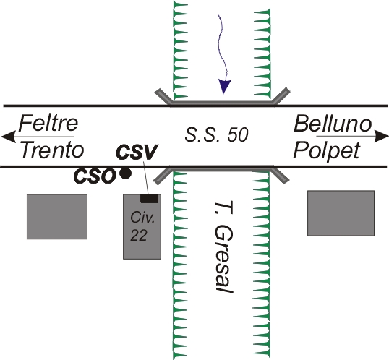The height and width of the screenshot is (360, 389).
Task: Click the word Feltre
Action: click(48, 124)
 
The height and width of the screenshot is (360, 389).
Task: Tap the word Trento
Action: click(52, 150)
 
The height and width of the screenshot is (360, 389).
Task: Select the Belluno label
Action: click(333, 124)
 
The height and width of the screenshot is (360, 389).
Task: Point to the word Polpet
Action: click(327, 151)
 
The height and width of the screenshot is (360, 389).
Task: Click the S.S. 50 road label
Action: click(216, 134)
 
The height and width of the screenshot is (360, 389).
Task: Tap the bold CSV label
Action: click(137, 152)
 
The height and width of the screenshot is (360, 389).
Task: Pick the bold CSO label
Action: click(95, 176)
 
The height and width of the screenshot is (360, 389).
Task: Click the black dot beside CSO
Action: click(126, 173)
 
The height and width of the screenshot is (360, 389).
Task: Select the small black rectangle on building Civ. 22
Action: click(150, 198)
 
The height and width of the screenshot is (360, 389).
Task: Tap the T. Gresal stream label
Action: click(223, 247)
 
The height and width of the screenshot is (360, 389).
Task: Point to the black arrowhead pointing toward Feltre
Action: click(9, 136)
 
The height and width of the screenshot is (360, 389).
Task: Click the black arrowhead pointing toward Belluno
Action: click(381, 136)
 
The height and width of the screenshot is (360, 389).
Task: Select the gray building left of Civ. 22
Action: click(57, 217)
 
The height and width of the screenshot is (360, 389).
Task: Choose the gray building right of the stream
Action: click(341, 213)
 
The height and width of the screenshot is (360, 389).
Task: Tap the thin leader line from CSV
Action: click(146, 178)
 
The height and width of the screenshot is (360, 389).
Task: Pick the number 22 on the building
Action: click(139, 235)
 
